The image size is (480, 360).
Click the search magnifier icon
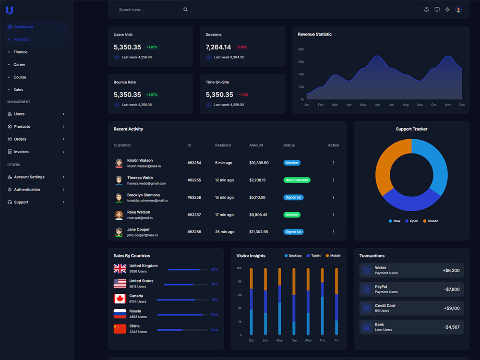[x=185, y=10]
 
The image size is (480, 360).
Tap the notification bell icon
[x=426, y=10]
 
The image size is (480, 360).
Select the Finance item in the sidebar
[x=20, y=52]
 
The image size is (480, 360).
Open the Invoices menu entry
[x=21, y=152]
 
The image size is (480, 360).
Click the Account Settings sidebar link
[x=29, y=177]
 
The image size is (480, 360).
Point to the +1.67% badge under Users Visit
[x=152, y=47]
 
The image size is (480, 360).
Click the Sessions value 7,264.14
[x=218, y=47]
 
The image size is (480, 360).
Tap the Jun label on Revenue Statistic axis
[x=377, y=105]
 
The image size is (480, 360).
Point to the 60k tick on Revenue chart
[x=301, y=62]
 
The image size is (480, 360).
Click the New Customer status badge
[x=297, y=180]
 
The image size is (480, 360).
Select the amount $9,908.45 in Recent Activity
[x=258, y=215]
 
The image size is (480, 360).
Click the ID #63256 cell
[x=194, y=197]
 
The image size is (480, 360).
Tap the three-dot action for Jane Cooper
[x=334, y=232]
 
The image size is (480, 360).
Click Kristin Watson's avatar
[x=119, y=163]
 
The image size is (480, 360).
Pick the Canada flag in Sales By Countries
[x=120, y=299]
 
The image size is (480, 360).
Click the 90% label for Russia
[x=215, y=315]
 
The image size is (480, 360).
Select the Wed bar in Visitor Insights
[x=308, y=301]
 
